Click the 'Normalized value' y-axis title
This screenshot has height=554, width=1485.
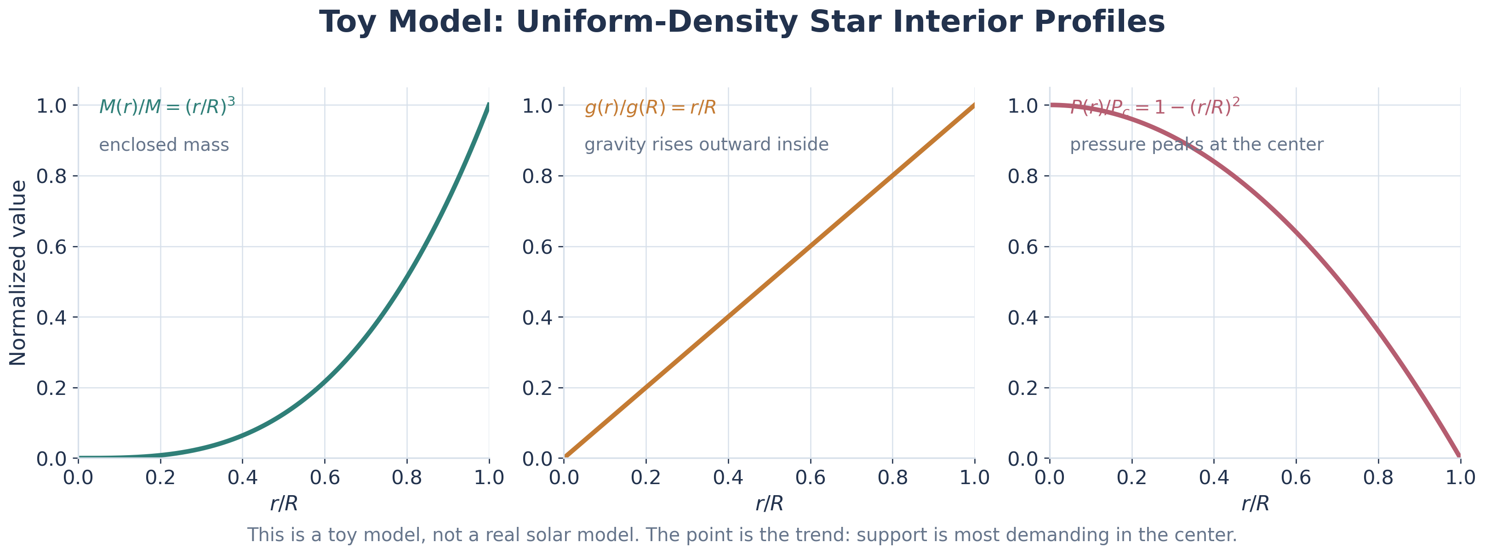pos(18,273)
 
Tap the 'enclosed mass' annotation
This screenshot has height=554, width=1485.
pos(164,145)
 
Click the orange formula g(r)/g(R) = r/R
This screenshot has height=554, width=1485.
pos(650,107)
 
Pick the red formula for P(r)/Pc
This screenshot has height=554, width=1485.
pos(1155,107)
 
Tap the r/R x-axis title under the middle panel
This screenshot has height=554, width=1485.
pos(769,504)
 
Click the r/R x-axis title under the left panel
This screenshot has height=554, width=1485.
pos(284,504)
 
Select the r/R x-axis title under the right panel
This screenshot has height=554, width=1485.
pos(1255,504)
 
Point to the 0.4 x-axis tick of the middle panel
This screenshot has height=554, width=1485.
pos(728,477)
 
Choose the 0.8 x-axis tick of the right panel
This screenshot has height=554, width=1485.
pos(1378,477)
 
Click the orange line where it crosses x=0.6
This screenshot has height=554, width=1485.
pos(811,246)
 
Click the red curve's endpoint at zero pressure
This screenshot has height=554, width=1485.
pos(1459,457)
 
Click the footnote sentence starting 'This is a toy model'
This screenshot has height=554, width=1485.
pos(742,535)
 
